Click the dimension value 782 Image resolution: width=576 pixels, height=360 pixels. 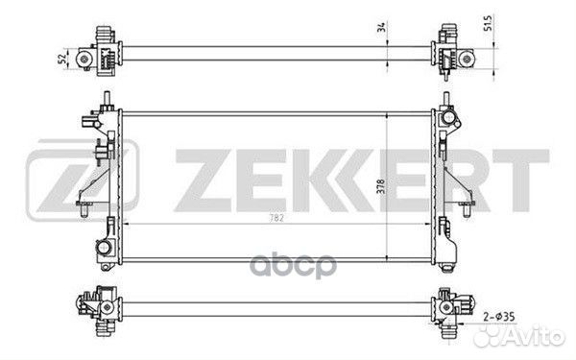tap(276, 218)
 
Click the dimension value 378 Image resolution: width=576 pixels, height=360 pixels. tap(381, 186)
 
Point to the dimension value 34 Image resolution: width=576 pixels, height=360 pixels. tap(382, 27)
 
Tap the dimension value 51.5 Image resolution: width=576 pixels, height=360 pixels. tap(488, 23)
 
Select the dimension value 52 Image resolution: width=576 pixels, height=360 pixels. tap(63, 59)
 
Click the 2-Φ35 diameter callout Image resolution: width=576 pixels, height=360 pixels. tap(499, 316)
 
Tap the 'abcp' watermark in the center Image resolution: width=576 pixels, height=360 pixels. tap(293, 266)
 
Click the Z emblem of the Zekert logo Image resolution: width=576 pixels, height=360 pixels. tap(83, 180)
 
